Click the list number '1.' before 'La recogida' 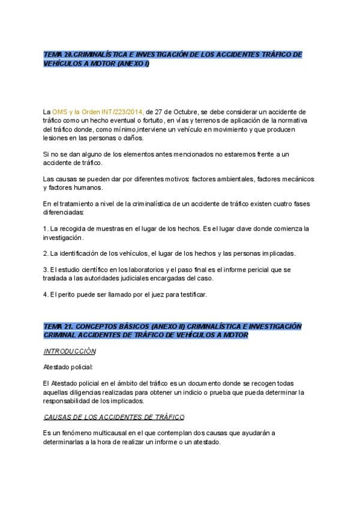46,229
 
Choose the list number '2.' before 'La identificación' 46,253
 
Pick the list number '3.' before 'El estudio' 46,270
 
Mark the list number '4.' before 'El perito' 46,294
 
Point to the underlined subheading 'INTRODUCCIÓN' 70,351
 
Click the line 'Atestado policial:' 68,367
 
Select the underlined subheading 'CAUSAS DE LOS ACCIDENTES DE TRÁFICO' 114,416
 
